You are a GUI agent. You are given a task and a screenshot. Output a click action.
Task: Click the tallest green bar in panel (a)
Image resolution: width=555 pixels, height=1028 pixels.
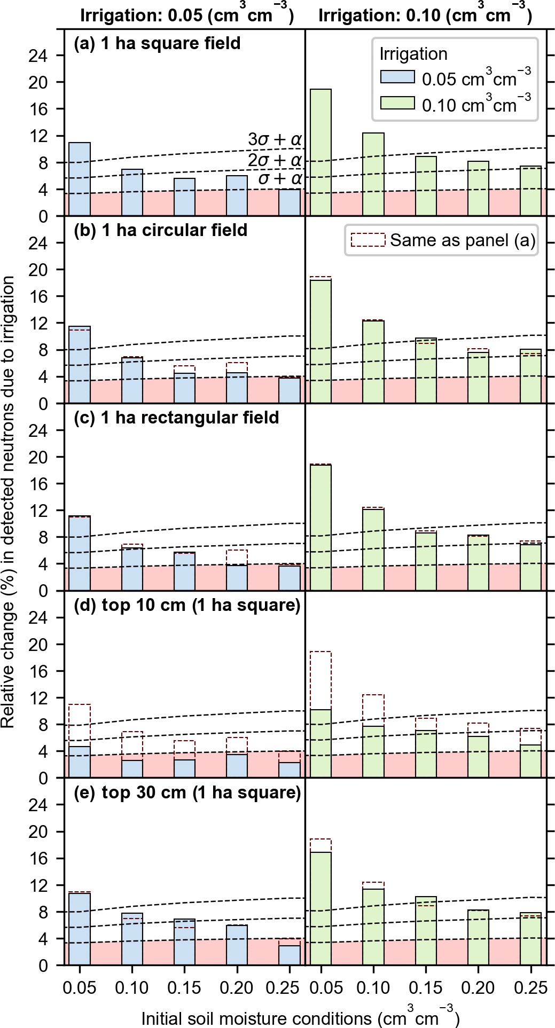tap(321, 152)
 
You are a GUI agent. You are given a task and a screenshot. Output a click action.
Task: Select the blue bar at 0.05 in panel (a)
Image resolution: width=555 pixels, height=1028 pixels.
tap(80, 179)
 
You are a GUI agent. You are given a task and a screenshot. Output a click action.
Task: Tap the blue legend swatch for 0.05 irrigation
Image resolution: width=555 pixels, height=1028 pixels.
tap(397, 77)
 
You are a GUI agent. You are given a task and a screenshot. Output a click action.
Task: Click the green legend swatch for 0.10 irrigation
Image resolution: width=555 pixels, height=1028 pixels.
tap(397, 103)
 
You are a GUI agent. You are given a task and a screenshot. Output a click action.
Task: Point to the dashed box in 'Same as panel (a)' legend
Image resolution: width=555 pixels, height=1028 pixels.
tap(368, 240)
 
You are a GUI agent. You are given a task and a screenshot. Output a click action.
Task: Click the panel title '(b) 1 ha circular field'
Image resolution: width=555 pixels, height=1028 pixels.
tap(160, 230)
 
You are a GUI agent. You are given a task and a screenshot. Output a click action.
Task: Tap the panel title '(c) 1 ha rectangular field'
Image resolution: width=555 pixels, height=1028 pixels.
tap(176, 417)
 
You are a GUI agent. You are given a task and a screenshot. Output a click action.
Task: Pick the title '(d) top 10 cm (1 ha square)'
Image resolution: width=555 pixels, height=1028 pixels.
tap(187, 605)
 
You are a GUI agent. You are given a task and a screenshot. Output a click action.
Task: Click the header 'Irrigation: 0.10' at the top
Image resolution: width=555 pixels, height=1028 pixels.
tap(425, 15)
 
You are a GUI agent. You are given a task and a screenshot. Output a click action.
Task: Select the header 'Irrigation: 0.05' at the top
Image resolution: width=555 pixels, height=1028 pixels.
tap(187, 15)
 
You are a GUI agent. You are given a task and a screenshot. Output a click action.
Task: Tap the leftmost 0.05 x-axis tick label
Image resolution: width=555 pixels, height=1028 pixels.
tap(80, 988)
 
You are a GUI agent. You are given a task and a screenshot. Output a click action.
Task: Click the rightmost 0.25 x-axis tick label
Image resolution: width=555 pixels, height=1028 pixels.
tap(530, 988)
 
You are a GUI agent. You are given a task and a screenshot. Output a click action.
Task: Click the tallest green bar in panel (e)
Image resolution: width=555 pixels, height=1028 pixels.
tap(321, 908)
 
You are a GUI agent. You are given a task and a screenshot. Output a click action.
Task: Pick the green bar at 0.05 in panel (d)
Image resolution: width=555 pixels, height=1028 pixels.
tap(321, 743)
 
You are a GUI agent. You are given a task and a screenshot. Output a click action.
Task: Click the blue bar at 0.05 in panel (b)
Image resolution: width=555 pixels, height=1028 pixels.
tap(80, 364)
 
